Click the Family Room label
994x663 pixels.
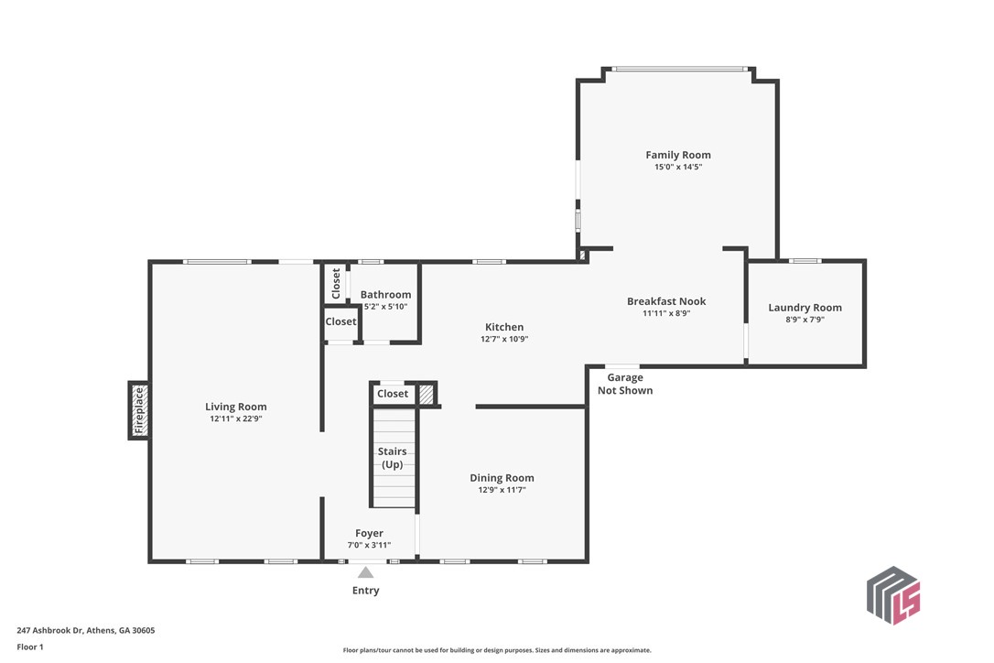pos(678,155)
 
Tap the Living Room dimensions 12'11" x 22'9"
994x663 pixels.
pos(235,418)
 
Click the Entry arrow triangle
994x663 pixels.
pos(365,572)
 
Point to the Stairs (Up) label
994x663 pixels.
pos(393,458)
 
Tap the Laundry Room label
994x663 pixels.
pos(805,308)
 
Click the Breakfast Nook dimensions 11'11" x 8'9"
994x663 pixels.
pos(666,313)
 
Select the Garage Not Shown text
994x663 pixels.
pos(625,384)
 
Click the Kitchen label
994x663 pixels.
pos(504,327)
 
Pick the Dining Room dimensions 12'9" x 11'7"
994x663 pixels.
pos(502,490)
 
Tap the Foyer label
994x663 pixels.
pos(369,533)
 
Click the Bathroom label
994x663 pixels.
pos(385,295)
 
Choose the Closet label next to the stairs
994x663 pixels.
pos(393,394)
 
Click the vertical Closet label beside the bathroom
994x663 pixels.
pos(336,283)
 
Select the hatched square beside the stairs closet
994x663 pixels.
pos(426,394)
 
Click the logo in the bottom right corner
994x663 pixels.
pos(892,595)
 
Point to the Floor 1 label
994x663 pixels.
pos(30,647)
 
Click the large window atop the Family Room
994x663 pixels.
pos(678,69)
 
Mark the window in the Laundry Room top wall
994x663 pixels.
pos(805,261)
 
